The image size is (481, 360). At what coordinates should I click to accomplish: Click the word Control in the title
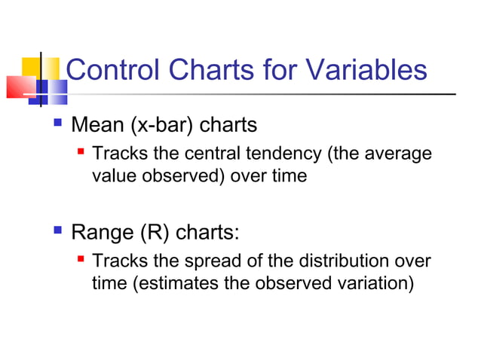point(112,69)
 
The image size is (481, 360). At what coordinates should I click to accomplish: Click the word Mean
point(97,125)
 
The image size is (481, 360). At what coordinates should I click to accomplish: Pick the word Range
point(103,233)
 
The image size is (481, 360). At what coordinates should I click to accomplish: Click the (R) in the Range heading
point(155,233)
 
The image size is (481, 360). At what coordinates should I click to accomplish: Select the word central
point(213,153)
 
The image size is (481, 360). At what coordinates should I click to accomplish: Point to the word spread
point(213,262)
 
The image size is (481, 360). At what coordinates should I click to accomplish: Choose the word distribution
point(344,261)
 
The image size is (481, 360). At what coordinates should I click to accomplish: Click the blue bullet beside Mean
point(57,123)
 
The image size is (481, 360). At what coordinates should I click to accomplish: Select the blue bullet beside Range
point(57,230)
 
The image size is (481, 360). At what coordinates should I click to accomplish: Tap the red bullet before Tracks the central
point(81,151)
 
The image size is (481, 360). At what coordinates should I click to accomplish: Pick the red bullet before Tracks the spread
point(81,259)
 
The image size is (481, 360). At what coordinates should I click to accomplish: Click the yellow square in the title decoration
point(41,69)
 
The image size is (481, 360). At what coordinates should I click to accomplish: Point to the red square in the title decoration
point(21,87)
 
